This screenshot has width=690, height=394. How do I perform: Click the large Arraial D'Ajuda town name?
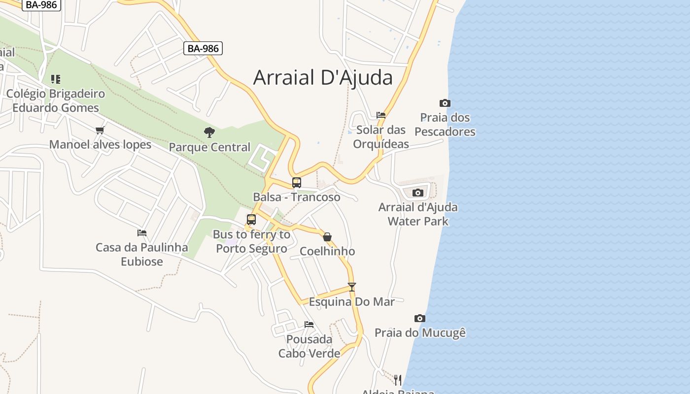pyautogui.click(x=323, y=77)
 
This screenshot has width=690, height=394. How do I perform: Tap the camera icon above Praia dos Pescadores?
pyautogui.click(x=445, y=103)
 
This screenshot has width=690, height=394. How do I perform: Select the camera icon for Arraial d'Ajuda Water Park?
pyautogui.click(x=417, y=193)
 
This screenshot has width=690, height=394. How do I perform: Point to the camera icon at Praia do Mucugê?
pyautogui.click(x=419, y=318)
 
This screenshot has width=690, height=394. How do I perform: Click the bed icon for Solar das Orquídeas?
pyautogui.click(x=381, y=115)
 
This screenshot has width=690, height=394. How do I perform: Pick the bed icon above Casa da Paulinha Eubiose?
pyautogui.click(x=142, y=232)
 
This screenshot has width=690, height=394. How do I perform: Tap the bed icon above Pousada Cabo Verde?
pyautogui.click(x=309, y=324)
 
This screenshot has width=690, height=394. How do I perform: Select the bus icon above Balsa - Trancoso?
pyautogui.click(x=296, y=183)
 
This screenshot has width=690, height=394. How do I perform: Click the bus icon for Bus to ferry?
pyautogui.click(x=251, y=220)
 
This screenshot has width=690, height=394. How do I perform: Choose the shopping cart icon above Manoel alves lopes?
pyautogui.click(x=100, y=130)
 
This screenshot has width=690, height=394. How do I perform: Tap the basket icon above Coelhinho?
pyautogui.click(x=327, y=237)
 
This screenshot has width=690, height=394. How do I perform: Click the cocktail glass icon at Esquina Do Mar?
pyautogui.click(x=351, y=287)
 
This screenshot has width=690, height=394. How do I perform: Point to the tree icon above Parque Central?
pyautogui.click(x=209, y=132)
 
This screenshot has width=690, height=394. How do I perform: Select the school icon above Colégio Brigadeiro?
pyautogui.click(x=56, y=79)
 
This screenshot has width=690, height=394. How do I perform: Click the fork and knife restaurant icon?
pyautogui.click(x=398, y=380)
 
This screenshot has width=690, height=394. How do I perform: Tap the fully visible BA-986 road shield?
pyautogui.click(x=203, y=48)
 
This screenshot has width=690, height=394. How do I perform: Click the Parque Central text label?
pyautogui.click(x=209, y=147)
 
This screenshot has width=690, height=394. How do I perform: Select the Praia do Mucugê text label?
pyautogui.click(x=420, y=333)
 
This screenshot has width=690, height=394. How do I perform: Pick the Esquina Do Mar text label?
pyautogui.click(x=351, y=301)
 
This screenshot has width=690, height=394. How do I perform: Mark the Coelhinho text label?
pyautogui.click(x=327, y=251)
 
